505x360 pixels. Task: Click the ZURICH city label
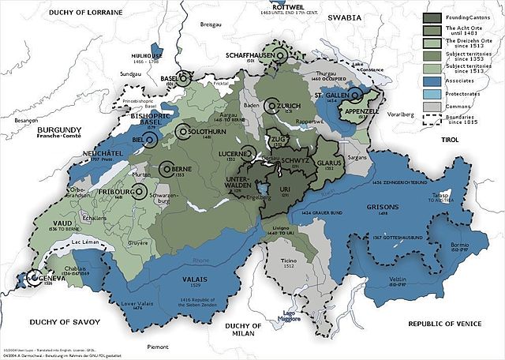click(288, 105)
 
